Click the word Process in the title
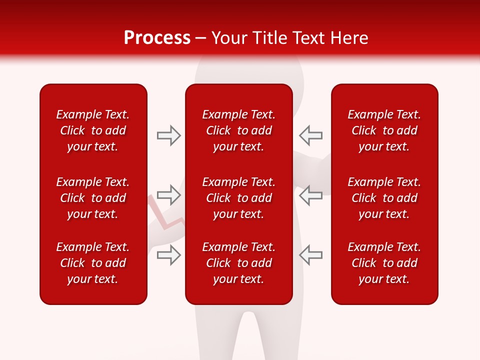157,38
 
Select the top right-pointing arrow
168,135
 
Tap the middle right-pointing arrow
168,194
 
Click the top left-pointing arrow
310,135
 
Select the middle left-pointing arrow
310,194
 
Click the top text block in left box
93,130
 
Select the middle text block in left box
93,198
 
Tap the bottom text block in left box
93,263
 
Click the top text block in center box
238,130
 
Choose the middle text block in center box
238,198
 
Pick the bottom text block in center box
238,263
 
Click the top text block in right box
384,130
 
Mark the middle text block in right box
384,198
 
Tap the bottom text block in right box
384,263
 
